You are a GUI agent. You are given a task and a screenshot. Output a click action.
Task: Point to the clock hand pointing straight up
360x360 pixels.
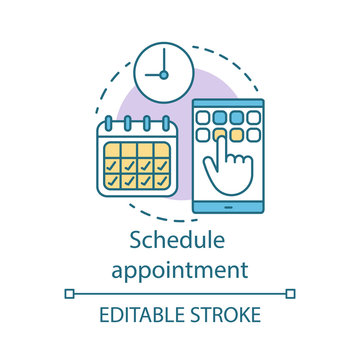161,59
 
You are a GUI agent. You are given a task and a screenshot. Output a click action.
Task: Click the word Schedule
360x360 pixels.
180,244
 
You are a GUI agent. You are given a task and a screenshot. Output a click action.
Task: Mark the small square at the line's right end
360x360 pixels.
291,293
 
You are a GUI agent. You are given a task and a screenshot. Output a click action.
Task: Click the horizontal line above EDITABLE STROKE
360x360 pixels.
180,293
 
